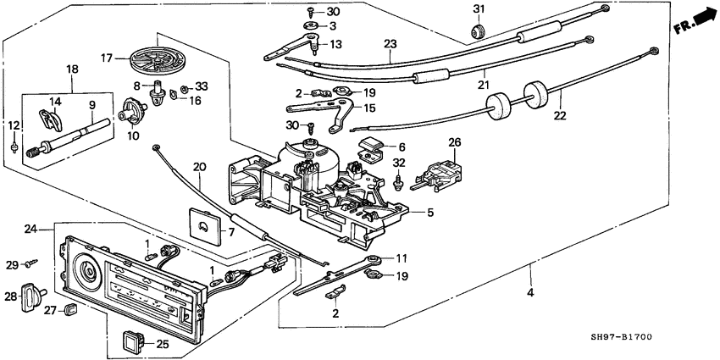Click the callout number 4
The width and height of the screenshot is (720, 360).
click(530, 294)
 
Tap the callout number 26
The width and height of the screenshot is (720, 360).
click(454, 142)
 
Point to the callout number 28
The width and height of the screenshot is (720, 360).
click(11, 297)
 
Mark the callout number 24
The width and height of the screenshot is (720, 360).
click(31, 230)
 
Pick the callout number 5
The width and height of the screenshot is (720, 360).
click(429, 213)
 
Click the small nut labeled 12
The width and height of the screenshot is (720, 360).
click(15, 147)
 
